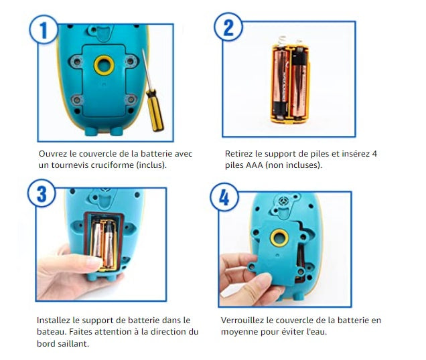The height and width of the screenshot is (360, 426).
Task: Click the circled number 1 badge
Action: (44, 29)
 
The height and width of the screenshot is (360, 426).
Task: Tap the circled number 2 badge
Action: (228, 27)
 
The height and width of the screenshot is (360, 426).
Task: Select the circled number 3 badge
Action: (42, 193)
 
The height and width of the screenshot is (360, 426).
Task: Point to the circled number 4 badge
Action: (224, 197)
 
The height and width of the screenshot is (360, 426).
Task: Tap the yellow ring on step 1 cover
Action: (104, 66)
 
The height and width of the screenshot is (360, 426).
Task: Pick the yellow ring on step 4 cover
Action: (279, 238)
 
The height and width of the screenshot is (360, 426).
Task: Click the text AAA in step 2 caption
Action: (255, 165)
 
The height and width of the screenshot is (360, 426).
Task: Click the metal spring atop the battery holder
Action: (283, 39)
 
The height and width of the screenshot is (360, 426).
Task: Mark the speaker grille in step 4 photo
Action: (284, 201)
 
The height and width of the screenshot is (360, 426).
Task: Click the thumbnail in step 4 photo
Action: (261, 280)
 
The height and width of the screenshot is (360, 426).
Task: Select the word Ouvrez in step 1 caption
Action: (53, 154)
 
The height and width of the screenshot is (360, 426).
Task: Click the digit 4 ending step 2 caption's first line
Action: (374, 154)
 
